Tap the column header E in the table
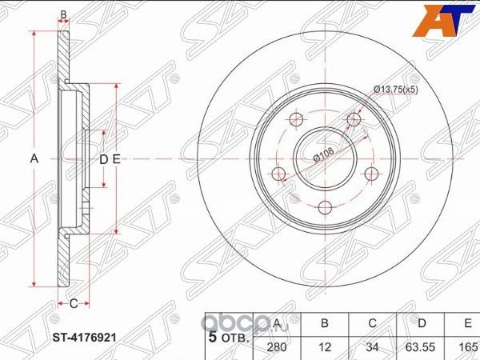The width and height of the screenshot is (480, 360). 466,324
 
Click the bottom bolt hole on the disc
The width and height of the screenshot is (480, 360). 324,208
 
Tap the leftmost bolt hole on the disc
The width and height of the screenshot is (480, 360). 278,175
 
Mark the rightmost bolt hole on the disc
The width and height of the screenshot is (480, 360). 370,174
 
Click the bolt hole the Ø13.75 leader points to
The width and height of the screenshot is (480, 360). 353,120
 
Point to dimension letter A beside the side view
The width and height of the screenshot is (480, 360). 34,159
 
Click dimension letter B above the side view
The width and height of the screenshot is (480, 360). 64,14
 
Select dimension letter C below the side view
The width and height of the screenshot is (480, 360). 72,303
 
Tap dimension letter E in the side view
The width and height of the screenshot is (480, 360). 116,159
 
